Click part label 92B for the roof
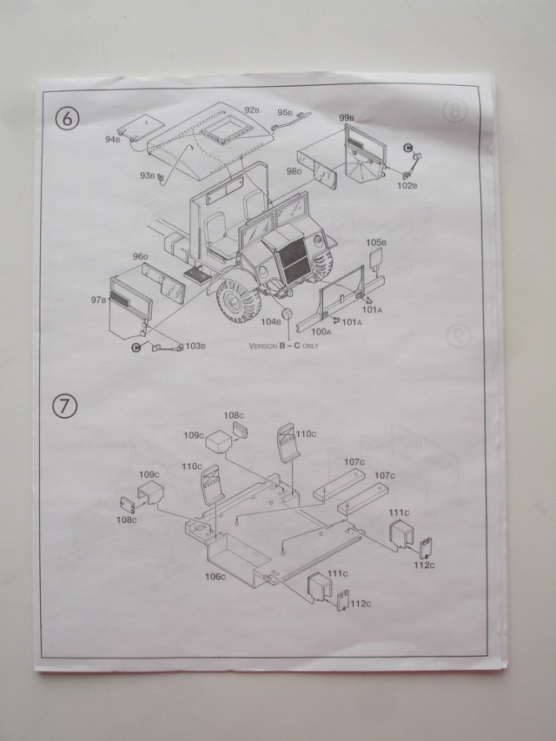point(252,110)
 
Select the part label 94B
point(113,138)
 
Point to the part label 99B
point(346,117)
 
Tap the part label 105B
point(374,242)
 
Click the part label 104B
point(272,321)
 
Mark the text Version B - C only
point(284,344)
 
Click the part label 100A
point(321,331)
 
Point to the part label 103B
point(195,347)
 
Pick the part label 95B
point(284,112)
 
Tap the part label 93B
point(146,176)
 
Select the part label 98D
point(294,172)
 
